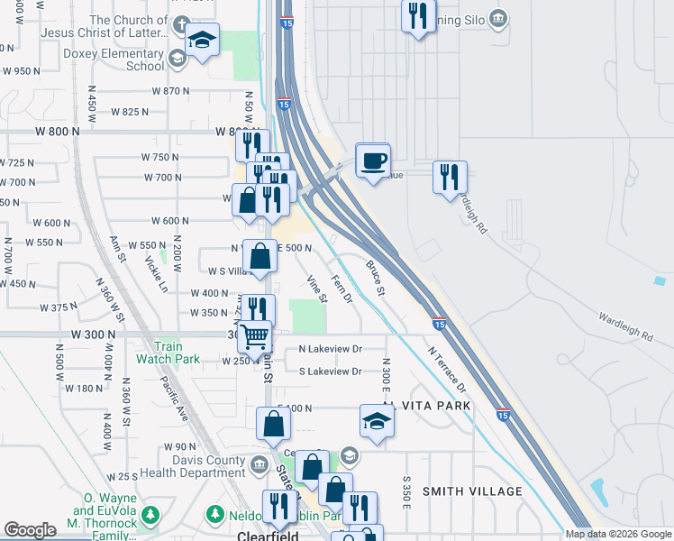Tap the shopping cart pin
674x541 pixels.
click(x=255, y=336)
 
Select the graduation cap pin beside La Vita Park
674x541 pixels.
click(x=377, y=420)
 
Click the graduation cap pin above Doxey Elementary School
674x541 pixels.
click(x=203, y=41)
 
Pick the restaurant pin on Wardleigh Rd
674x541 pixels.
click(x=450, y=177)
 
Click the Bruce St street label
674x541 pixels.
click(x=376, y=280)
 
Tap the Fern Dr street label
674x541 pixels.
click(x=341, y=289)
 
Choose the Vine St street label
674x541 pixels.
click(x=316, y=289)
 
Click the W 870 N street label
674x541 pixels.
click(x=170, y=92)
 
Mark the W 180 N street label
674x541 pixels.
click(x=86, y=389)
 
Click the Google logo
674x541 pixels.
click(x=30, y=530)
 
